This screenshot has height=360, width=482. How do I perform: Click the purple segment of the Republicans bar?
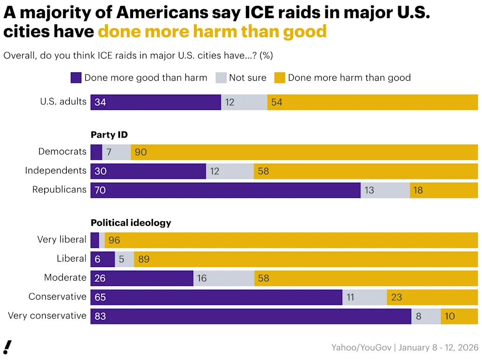click(225, 190)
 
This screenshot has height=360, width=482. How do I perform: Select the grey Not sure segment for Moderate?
click(224, 278)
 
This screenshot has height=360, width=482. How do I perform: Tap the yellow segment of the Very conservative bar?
click(459, 316)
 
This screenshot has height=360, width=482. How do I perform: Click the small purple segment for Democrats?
click(96, 152)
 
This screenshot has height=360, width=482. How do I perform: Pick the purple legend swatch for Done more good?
click(76, 78)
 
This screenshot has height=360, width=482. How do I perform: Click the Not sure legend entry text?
click(248, 78)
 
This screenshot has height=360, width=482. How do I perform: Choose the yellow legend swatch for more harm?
click(280, 78)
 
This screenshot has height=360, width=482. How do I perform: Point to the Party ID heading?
click(109, 135)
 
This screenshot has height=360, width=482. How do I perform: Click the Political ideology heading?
click(131, 222)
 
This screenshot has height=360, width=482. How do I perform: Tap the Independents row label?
click(56, 171)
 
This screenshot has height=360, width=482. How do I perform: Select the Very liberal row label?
click(62, 239)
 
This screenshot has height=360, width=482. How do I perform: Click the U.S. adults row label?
click(63, 101)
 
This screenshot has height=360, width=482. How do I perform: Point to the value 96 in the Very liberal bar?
click(114, 241)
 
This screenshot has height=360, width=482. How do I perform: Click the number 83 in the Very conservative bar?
click(100, 316)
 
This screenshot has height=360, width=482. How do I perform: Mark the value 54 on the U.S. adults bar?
click(277, 102)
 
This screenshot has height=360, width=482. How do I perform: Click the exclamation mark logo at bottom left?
click(8, 347)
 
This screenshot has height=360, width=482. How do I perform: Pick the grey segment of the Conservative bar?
click(365, 297)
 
